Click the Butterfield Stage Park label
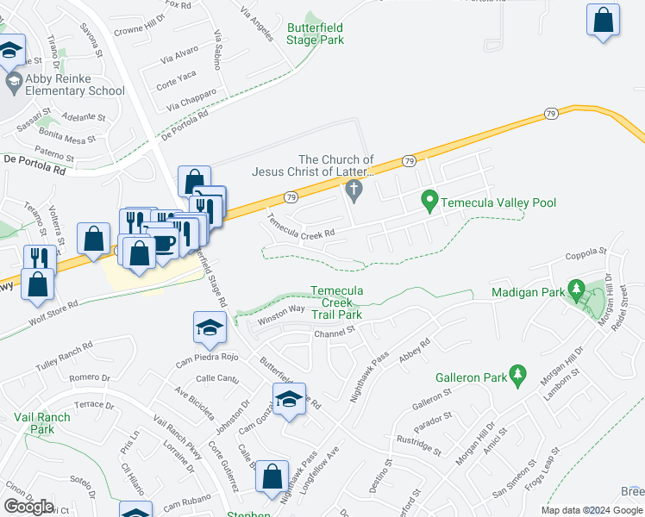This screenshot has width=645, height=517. pos(315,34)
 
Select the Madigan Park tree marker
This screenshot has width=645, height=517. pos(578,292)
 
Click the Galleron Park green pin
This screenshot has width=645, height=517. pos(517,376)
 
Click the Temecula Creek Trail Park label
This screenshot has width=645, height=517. pos(336,303)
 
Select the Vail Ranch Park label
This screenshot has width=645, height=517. pos(42,423)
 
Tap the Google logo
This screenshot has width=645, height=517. pos(28,506)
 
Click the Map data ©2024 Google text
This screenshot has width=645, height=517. pos(592,510)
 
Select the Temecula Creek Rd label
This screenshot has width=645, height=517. pos(300,228)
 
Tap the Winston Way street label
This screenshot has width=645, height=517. pos(281,314)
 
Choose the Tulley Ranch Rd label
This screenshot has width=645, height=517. pos(63,356)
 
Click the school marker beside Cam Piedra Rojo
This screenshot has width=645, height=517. pos(208,327)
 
